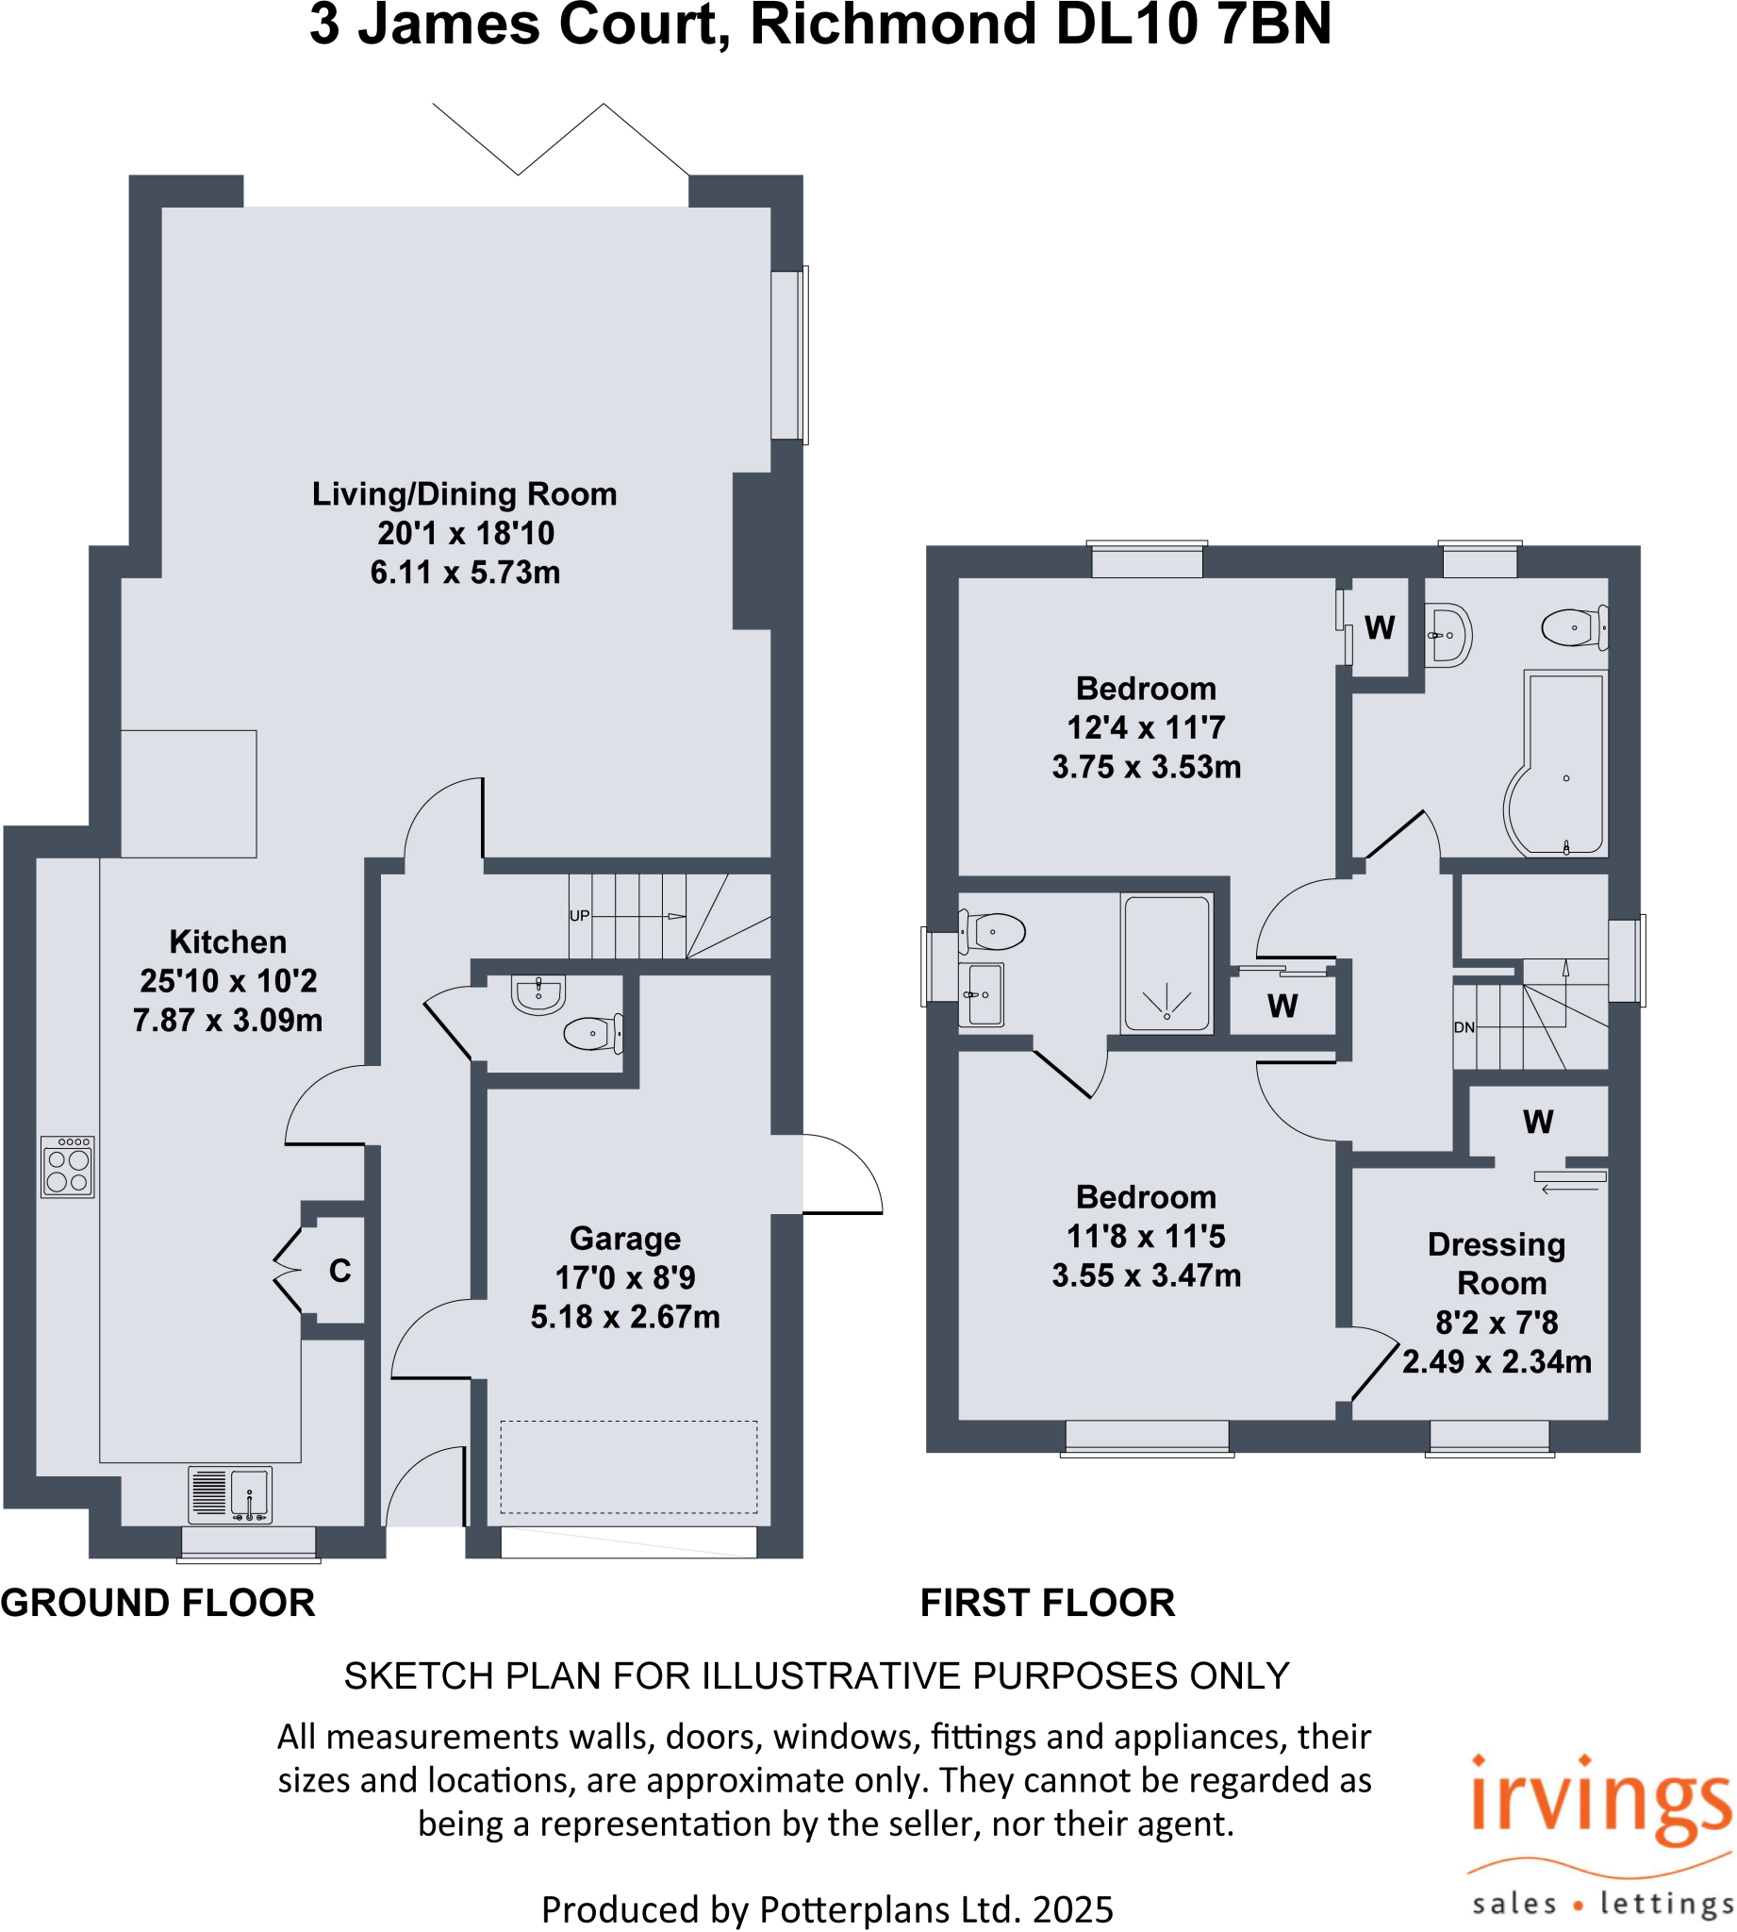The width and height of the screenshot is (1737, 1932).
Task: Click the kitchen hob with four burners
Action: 68,1166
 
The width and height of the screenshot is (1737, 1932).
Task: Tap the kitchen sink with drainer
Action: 230,1495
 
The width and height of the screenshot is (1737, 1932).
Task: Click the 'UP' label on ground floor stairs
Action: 579,915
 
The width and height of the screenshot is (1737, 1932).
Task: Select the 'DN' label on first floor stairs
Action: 1464,1028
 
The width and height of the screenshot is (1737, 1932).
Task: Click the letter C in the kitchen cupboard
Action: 339,1271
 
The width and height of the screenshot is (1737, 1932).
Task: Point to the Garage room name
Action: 625,1238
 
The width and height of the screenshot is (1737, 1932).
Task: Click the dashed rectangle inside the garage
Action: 629,1467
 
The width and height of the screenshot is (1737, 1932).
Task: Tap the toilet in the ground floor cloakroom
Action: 591,1033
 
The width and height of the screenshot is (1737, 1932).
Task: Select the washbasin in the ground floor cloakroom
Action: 539,992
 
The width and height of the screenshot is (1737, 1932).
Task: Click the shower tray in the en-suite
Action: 1166,963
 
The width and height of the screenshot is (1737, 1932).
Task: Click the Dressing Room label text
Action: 1497,1264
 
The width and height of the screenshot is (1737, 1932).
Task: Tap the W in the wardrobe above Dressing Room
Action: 1537,1122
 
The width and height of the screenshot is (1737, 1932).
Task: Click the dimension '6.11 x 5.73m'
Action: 465,573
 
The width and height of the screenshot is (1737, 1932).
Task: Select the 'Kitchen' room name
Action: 228,942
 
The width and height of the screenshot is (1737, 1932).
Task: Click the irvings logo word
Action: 1600,1804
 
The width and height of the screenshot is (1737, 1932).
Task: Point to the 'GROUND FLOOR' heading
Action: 157,1603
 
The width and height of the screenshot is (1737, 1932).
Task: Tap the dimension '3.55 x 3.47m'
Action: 1147,1275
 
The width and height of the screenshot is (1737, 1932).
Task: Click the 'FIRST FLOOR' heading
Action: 1047,1603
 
